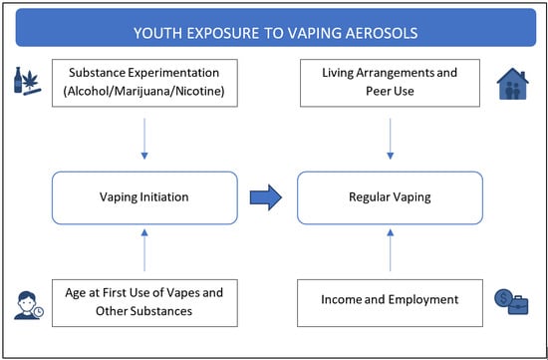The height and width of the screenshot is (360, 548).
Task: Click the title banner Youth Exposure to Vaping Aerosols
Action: [274, 33]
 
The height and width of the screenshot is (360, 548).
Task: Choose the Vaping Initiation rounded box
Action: [144, 196]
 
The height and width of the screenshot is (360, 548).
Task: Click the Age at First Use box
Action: [144, 300]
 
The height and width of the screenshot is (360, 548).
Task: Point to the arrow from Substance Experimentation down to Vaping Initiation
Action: [144, 140]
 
